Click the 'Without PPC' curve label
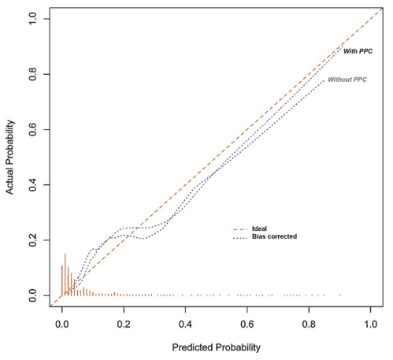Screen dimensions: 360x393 pyautogui.click(x=347, y=79)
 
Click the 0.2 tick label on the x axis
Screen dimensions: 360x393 pyautogui.click(x=124, y=324)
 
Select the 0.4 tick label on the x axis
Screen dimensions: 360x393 pyautogui.click(x=186, y=324)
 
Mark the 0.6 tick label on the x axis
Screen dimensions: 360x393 pyautogui.click(x=247, y=324)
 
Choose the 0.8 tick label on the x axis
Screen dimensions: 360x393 pyautogui.click(x=310, y=324)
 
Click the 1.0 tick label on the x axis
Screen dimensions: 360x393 pyautogui.click(x=371, y=324)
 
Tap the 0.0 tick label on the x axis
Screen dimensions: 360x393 pyautogui.click(x=62, y=324)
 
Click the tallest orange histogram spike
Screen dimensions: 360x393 pyautogui.click(x=65, y=274)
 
